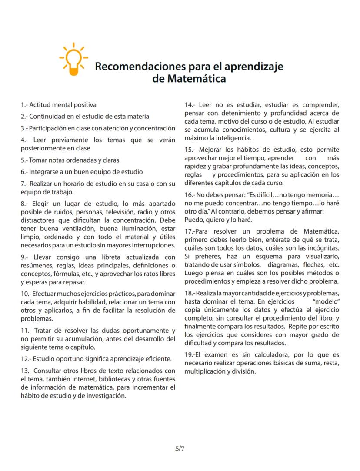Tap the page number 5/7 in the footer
180,448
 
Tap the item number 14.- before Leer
190,105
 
